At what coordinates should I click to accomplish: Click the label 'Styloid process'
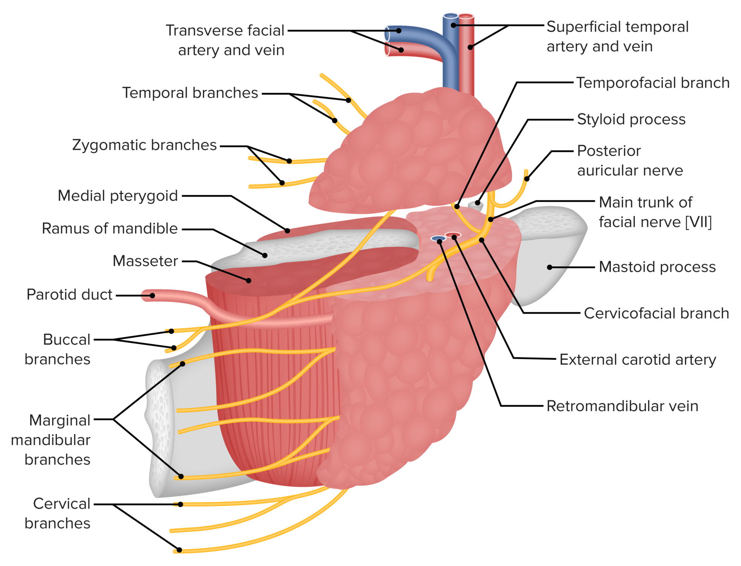click(631, 119)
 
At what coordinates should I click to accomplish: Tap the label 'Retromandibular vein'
click(622, 406)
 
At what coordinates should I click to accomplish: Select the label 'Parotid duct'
click(69, 295)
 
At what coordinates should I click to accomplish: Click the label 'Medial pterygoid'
click(118, 196)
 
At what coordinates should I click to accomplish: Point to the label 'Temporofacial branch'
click(653, 83)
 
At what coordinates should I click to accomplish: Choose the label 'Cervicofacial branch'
click(656, 313)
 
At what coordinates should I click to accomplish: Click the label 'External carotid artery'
click(638, 359)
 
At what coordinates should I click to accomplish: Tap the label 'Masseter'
click(145, 261)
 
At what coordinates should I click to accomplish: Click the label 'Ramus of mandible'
click(110, 229)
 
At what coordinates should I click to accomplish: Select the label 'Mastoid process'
click(657, 267)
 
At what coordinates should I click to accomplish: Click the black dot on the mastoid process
click(550, 267)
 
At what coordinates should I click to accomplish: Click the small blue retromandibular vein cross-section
click(438, 239)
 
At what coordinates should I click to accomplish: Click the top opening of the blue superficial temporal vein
click(450, 16)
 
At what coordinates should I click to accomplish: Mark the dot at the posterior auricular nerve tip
click(526, 179)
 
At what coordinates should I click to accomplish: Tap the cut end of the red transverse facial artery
click(387, 50)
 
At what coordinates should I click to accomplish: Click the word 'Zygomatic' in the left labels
click(109, 145)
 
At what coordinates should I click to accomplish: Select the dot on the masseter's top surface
click(249, 281)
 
